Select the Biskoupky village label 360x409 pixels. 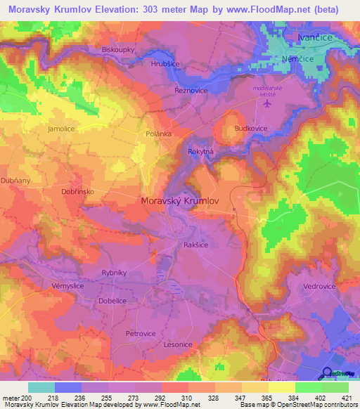[x=117, y=50]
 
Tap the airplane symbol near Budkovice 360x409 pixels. [x=266, y=104]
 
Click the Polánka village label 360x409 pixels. [x=157, y=132]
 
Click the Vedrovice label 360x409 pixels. [x=320, y=287]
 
